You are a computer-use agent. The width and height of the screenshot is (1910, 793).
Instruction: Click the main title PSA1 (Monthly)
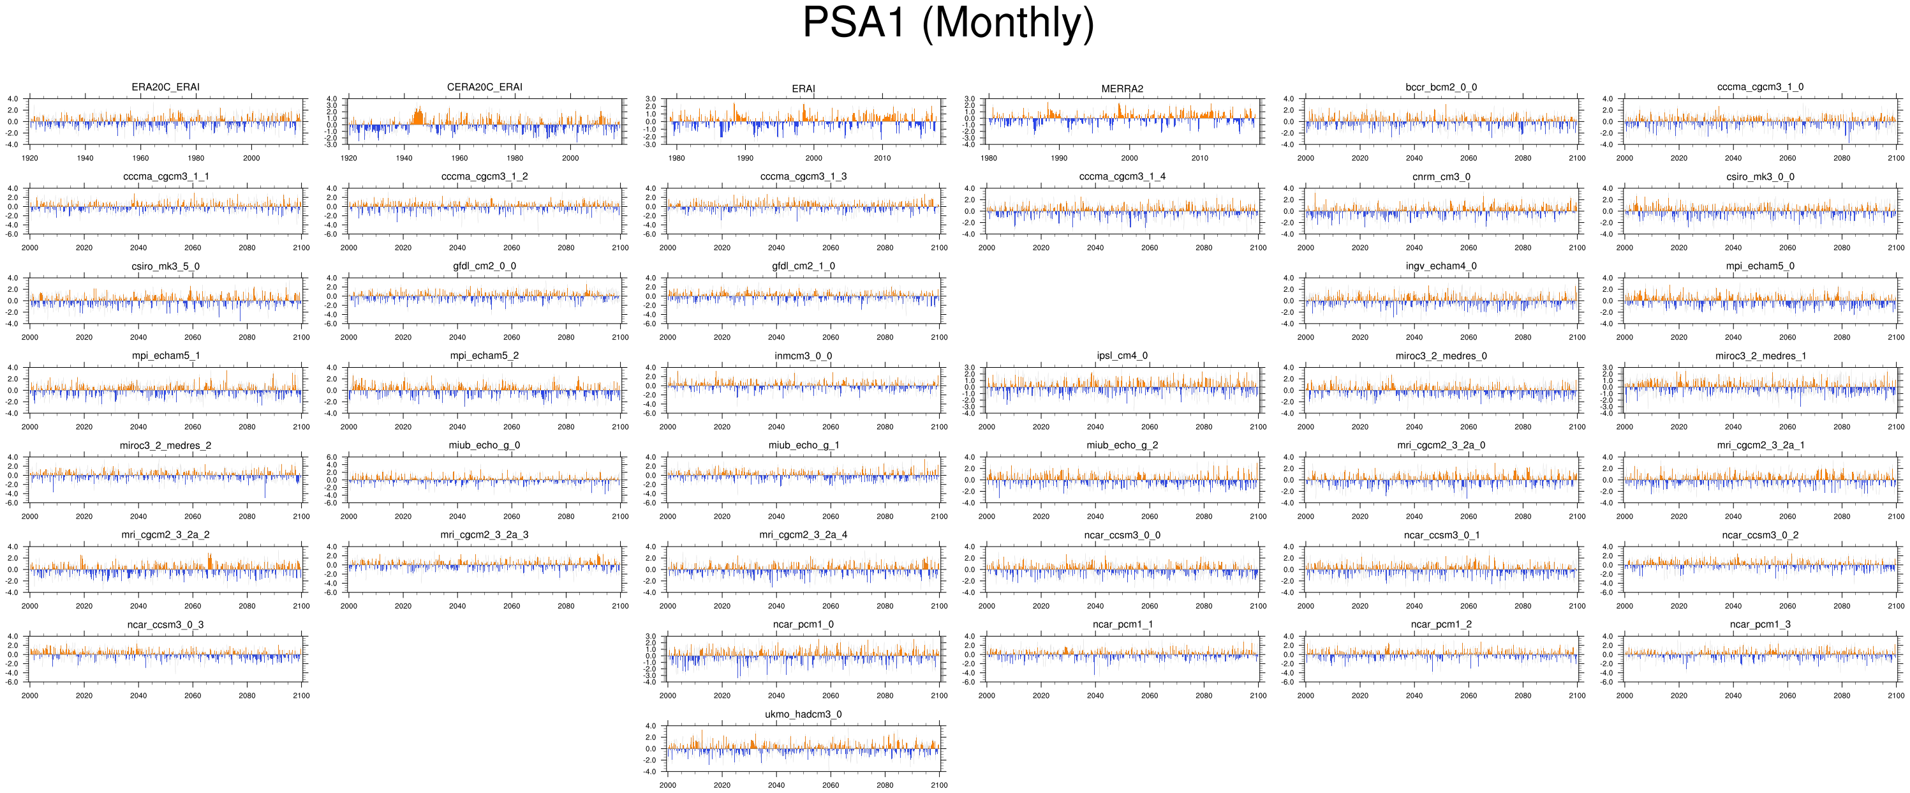949,23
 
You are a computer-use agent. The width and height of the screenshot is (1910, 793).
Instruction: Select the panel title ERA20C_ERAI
165,87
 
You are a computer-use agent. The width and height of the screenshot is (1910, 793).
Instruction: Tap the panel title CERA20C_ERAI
484,87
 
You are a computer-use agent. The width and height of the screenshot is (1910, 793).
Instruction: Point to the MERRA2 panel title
1122,89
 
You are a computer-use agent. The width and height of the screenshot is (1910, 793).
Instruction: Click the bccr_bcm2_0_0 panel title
1440,87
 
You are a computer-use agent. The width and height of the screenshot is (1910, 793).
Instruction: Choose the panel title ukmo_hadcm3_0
803,714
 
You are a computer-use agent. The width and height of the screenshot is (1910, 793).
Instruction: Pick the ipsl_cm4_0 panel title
1122,356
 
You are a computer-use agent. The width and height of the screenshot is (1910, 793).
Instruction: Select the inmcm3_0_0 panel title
803,356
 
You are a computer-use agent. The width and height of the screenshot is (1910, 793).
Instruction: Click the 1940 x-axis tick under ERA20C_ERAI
85,158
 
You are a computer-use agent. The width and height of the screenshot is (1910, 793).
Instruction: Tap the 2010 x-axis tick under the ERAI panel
882,158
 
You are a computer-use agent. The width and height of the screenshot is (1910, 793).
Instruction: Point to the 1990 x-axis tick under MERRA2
1059,158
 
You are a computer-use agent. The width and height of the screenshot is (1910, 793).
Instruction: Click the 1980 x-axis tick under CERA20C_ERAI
515,158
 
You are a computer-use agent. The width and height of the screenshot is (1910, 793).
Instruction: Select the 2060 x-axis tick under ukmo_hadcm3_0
831,785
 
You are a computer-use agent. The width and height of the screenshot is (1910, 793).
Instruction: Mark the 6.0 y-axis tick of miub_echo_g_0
332,458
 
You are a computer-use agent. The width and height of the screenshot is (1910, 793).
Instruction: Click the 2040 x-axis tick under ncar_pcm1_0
776,696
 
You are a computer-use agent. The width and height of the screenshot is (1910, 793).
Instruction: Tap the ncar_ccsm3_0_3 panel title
165,624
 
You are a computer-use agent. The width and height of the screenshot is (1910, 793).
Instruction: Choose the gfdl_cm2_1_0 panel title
803,266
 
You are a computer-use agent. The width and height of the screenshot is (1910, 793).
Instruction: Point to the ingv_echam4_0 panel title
1440,266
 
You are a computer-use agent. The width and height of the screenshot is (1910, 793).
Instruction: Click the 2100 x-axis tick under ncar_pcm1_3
1896,696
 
